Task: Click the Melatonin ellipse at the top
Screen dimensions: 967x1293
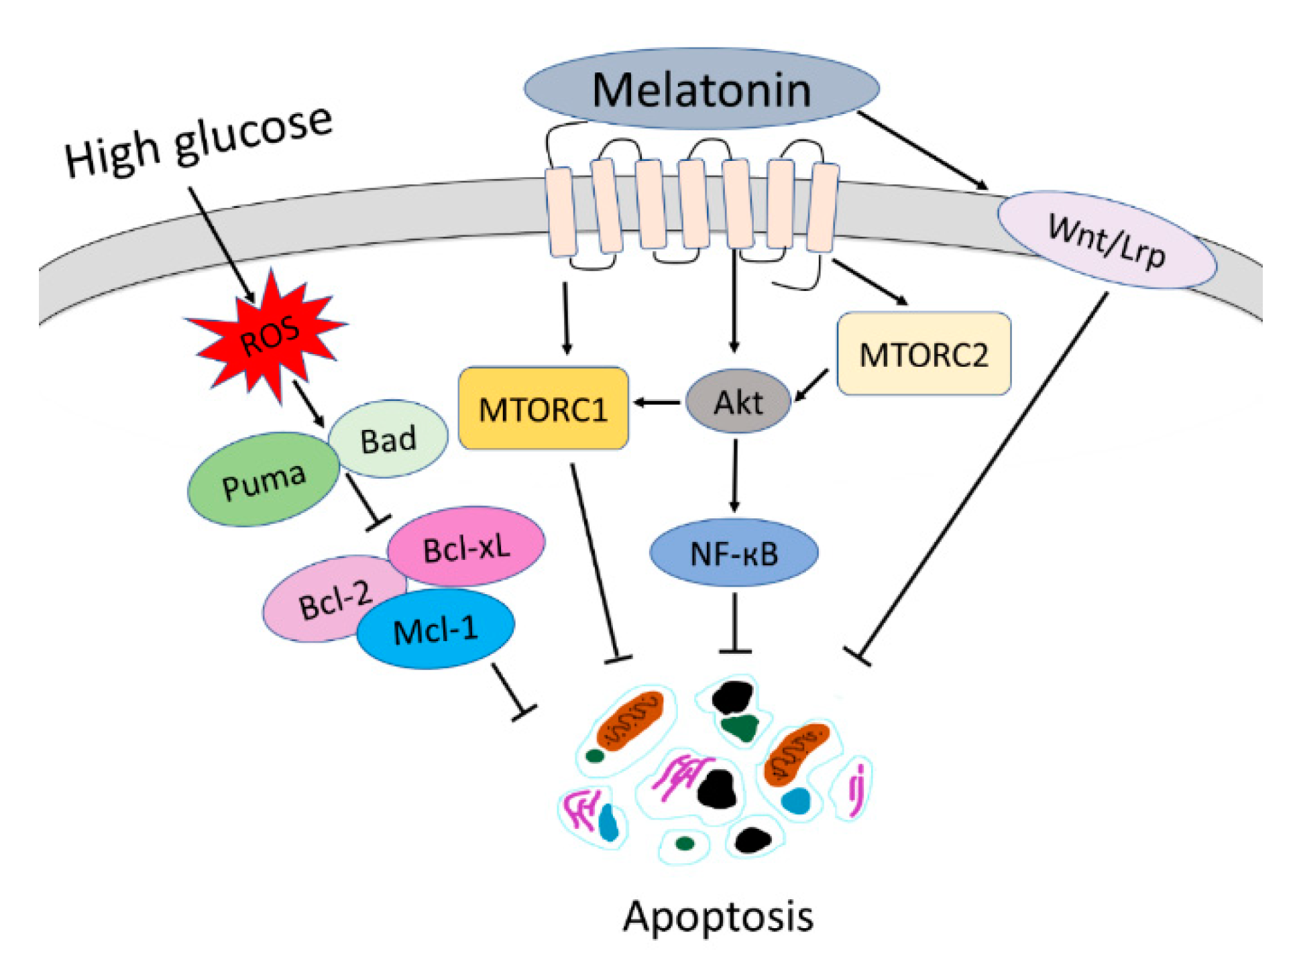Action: click(701, 89)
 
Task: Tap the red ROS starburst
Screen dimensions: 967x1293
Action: click(268, 335)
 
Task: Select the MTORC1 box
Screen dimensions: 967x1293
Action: click(543, 408)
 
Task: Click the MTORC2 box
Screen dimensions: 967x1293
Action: click(923, 353)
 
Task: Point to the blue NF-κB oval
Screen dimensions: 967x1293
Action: click(734, 553)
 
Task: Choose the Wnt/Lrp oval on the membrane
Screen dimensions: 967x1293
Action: click(1107, 240)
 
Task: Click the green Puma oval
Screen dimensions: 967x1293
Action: click(263, 479)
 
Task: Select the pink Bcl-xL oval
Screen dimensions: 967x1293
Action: click(467, 547)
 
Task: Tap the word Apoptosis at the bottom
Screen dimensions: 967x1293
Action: click(718, 916)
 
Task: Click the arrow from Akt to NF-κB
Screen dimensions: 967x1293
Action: click(735, 476)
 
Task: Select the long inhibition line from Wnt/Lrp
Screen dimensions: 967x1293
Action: click(986, 476)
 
